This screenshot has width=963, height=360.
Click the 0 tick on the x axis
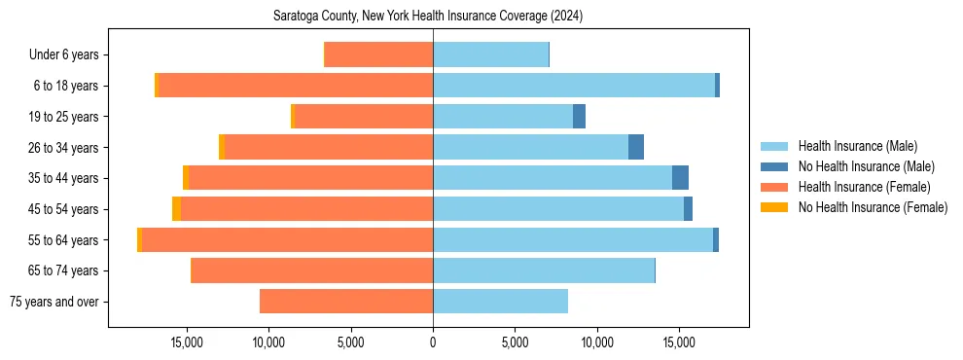pyautogui.click(x=433, y=342)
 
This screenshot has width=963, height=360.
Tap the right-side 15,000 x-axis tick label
pyautogui.click(x=679, y=342)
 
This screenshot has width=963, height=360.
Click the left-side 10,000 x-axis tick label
pyautogui.click(x=268, y=342)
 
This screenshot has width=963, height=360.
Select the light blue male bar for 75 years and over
pyautogui.click(x=500, y=302)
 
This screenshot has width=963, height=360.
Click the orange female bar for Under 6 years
pyautogui.click(x=379, y=54)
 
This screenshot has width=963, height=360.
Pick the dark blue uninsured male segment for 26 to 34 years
pyautogui.click(x=636, y=147)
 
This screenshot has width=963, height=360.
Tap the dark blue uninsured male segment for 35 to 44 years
pyautogui.click(x=680, y=178)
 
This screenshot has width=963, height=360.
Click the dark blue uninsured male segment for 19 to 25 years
pyautogui.click(x=579, y=117)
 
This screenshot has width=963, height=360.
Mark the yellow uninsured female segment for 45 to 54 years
pyautogui.click(x=176, y=209)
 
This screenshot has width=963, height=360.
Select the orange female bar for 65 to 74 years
pyautogui.click(x=312, y=270)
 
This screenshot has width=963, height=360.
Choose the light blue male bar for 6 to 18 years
pyautogui.click(x=574, y=86)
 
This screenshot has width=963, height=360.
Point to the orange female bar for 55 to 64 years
pyautogui.click(x=288, y=239)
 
